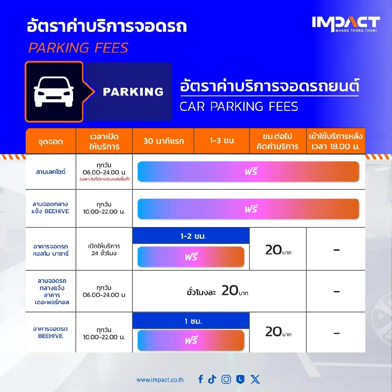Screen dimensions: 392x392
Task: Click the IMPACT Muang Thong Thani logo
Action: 346,24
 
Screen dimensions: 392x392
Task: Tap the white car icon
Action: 54,91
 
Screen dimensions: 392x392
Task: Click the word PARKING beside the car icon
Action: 133,92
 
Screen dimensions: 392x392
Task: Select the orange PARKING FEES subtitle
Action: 78,48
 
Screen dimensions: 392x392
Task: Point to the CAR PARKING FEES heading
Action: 239,106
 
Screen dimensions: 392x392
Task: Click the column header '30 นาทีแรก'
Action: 163,141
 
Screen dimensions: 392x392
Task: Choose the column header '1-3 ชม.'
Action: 221,141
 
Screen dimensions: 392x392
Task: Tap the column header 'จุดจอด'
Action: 51,141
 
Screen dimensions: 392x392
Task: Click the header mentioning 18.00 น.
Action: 336,141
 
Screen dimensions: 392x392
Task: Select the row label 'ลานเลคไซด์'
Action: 51,171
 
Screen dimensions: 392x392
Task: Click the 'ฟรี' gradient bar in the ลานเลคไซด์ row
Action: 248,171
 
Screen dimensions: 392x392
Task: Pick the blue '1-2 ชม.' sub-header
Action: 191,236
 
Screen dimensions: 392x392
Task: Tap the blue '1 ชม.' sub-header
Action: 191,321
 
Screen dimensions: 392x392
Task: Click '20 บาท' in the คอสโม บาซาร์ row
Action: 278,249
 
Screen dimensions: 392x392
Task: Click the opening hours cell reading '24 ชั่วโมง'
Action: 104,249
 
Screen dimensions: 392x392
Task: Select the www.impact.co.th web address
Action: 160,380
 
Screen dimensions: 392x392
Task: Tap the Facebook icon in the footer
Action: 200,379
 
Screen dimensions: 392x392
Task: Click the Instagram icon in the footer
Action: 226,379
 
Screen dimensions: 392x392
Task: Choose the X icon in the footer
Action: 255,379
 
